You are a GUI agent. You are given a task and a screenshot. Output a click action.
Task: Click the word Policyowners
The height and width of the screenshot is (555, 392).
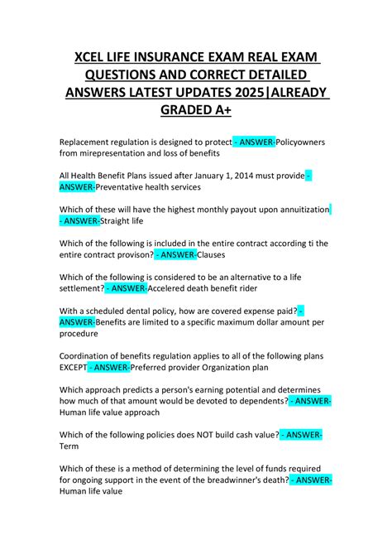293,142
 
